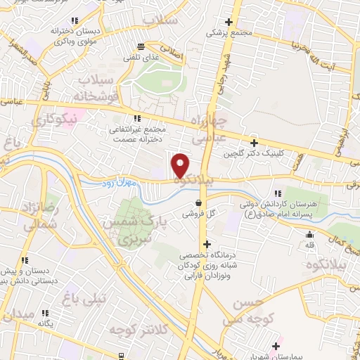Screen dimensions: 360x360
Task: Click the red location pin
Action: point(181,165)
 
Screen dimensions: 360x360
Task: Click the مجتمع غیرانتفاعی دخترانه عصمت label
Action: point(137,134)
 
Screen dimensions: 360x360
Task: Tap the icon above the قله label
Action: point(309,233)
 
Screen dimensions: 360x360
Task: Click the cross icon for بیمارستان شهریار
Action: point(276,347)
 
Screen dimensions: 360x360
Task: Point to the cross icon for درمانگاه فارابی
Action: point(206,243)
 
